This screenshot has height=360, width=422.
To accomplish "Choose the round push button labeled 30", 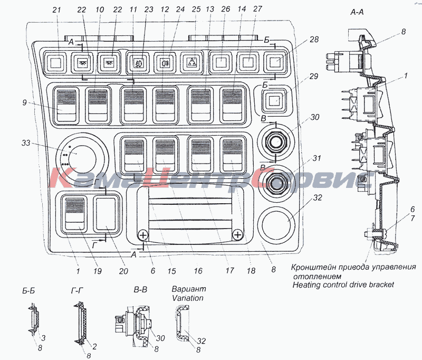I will point(275,142).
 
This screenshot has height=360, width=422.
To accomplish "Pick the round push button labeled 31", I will point(275,184).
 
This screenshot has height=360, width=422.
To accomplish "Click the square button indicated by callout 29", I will point(273,99).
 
